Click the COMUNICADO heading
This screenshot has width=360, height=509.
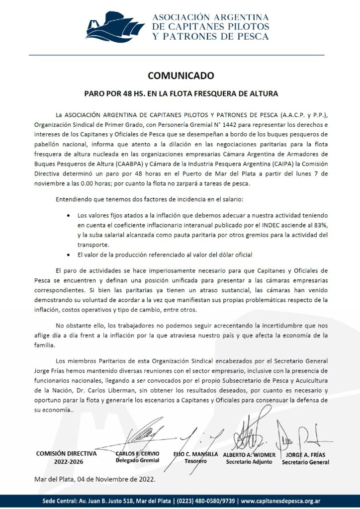[180, 76]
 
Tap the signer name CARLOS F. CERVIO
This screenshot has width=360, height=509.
[137, 454]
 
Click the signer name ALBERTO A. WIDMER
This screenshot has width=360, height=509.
[249, 454]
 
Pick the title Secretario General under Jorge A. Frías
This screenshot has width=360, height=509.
[305, 462]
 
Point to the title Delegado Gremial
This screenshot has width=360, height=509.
[137, 461]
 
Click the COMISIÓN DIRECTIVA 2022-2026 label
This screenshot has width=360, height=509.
[67, 457]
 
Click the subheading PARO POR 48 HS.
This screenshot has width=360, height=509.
[180, 93]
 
